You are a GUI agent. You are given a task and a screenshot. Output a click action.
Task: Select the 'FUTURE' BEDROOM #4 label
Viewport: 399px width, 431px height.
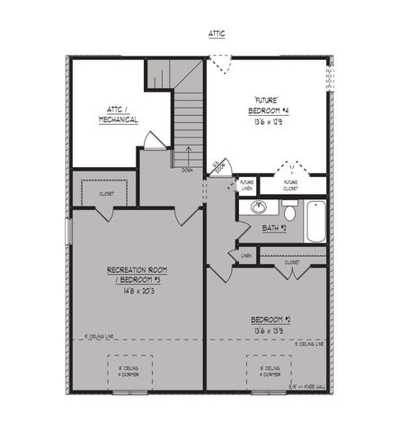[x=267, y=105]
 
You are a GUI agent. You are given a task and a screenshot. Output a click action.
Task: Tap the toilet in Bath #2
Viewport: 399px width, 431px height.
[x=288, y=210]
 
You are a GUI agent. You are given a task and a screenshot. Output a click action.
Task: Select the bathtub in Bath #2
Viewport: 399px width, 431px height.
[x=315, y=222]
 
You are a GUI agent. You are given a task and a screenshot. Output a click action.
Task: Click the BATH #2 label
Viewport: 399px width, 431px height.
[x=273, y=228]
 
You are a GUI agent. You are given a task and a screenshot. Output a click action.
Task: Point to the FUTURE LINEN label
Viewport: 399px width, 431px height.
[x=246, y=185]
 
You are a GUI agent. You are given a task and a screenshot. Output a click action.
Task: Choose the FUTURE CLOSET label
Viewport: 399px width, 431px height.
[x=290, y=185]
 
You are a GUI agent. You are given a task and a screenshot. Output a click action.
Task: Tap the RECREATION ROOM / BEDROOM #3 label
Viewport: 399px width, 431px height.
[x=137, y=275]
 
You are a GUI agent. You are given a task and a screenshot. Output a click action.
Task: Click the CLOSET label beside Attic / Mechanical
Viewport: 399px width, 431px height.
[x=105, y=191]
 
